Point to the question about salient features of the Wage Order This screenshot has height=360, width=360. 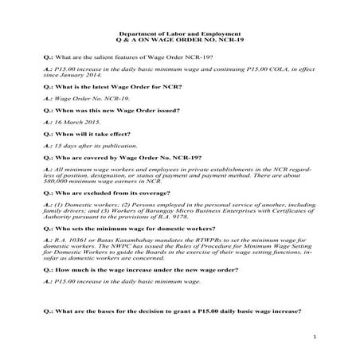140,60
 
